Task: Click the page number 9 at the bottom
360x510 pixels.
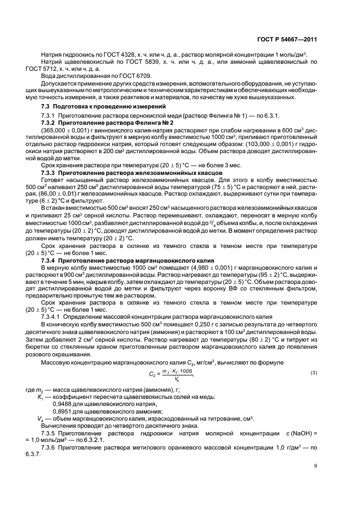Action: pyautogui.click(x=315, y=466)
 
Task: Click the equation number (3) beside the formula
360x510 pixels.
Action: pyautogui.click(x=313, y=372)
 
